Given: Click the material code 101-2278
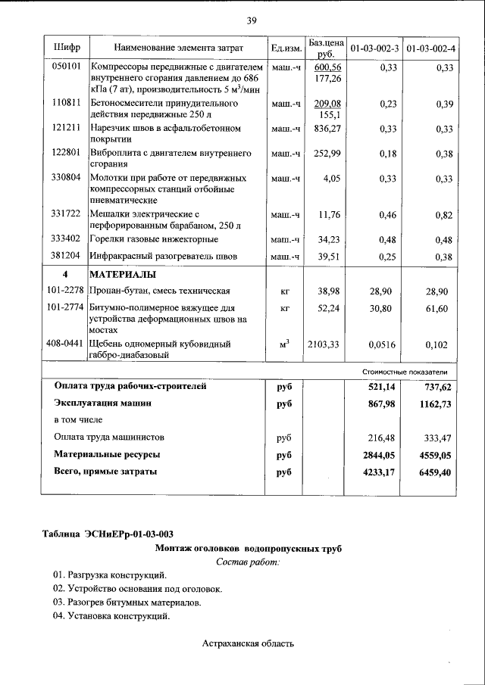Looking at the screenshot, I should coord(65,291).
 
